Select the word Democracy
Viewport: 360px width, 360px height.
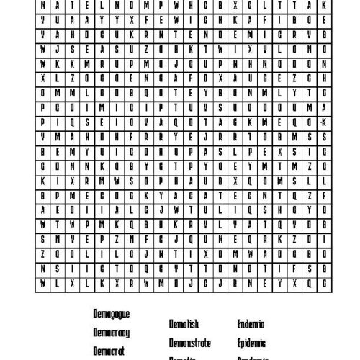[x=112, y=333]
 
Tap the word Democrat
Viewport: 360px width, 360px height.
[x=109, y=351]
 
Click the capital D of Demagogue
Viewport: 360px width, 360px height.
[x=95, y=314]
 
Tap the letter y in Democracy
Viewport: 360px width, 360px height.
[x=128, y=333]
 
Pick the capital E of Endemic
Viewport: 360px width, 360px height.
[x=239, y=323]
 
